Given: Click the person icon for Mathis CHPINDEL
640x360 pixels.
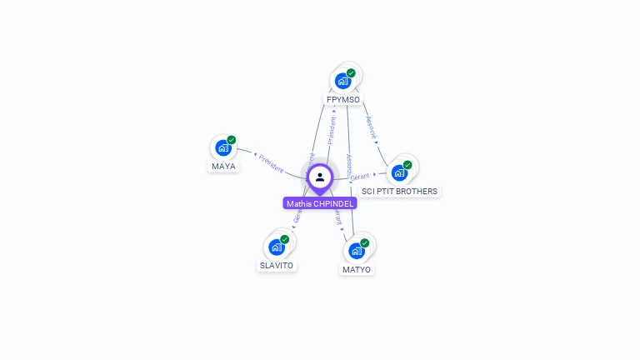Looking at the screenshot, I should point(320,177).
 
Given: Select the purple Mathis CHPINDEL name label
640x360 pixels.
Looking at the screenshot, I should point(320,203).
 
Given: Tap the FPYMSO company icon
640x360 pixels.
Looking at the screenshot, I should point(342,81).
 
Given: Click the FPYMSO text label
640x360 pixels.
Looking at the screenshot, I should point(343,100).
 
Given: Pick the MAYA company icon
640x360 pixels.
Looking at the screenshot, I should point(222,147).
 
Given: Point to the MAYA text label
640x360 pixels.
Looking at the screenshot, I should point(223,166).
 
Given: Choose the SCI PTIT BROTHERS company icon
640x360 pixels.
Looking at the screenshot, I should point(398,172).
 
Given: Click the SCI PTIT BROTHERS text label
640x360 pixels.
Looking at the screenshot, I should point(399,192).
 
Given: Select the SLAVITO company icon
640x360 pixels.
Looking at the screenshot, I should point(276,247).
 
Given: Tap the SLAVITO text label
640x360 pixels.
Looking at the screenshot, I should point(277,266).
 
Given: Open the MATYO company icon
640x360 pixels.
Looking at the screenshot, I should point(356,251).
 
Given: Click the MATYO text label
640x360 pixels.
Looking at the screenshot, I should point(357,270).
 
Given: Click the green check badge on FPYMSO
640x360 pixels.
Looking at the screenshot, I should point(352,73).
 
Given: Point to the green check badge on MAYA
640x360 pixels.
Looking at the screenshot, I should point(232,140).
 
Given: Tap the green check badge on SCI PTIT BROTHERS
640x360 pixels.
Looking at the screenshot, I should point(407,165).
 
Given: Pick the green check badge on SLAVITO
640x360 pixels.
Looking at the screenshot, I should point(285,240).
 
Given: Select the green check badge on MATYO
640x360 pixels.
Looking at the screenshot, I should point(365,243).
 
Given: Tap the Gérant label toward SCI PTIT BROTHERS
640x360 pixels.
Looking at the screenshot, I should point(360,177).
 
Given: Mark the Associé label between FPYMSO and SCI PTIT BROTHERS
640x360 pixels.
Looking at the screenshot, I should point(372,127).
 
